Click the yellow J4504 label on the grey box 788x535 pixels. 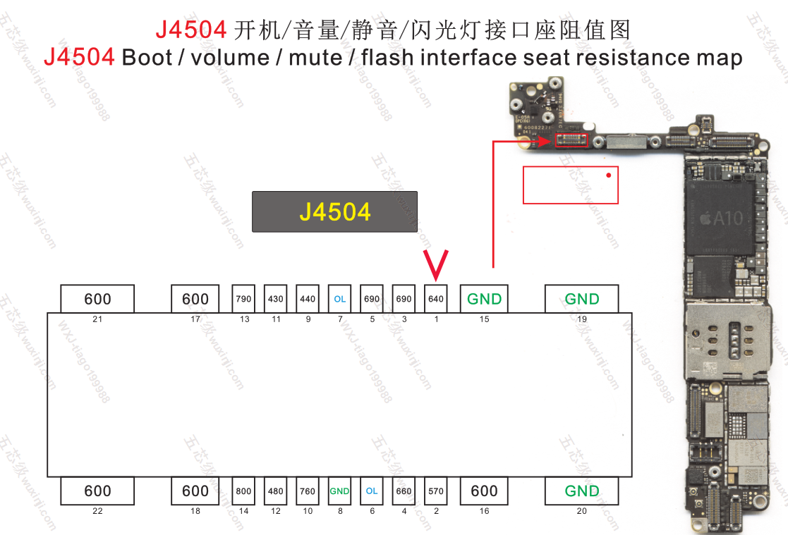[335, 211]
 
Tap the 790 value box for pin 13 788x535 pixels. [244, 299]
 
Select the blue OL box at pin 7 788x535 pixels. [340, 299]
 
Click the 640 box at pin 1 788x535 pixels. [436, 299]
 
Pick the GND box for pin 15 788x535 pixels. [485, 299]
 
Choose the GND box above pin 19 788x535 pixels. [581, 299]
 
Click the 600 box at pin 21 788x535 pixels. [97, 299]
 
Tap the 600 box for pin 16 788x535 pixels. [485, 491]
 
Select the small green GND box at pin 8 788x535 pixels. [340, 491]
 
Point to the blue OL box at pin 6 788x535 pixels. [372, 491]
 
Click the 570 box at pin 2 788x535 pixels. [436, 491]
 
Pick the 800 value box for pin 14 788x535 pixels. [244, 491]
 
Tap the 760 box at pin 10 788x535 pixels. [308, 491]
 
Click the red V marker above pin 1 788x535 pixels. [437, 264]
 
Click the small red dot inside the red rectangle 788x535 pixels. [608, 175]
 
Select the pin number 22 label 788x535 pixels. [97, 511]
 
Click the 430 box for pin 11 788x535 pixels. [276, 299]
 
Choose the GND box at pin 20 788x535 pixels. [581, 491]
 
